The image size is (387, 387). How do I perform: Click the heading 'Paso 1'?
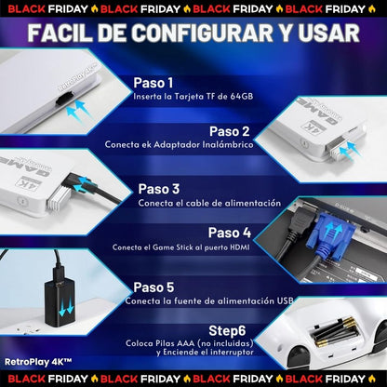point(153,83)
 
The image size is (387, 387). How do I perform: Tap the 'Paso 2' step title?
point(230,131)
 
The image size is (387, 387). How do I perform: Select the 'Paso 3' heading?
point(159,189)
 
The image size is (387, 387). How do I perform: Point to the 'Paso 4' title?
point(230,233)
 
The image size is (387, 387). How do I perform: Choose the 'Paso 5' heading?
point(153,287)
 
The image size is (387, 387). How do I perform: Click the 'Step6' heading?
point(227,331)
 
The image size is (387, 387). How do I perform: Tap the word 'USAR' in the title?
point(328,33)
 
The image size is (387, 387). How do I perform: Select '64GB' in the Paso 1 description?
point(242,97)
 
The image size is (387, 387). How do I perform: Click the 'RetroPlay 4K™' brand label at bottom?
point(38,362)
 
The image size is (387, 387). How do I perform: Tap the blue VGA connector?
point(331,235)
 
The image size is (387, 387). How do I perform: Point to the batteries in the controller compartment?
point(337,333)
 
